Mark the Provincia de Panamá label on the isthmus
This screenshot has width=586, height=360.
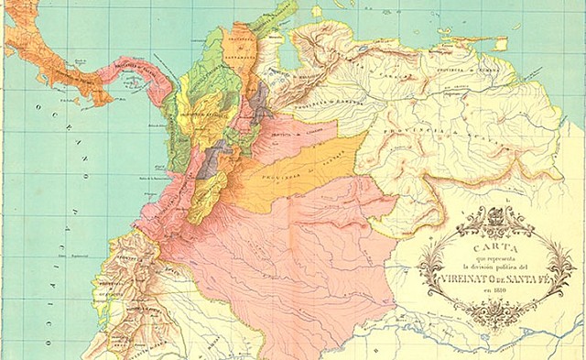pyautogui.click(x=137, y=69)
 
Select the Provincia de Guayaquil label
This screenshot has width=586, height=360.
pyautogui.click(x=119, y=266)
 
